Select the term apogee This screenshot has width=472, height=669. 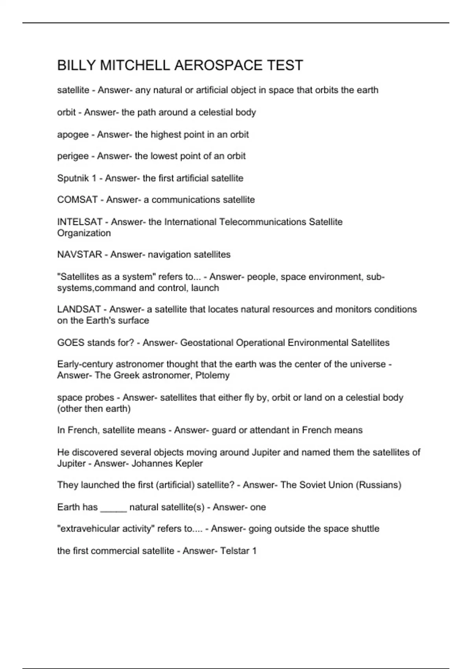click(x=73, y=135)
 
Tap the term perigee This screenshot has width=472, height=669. click(x=73, y=156)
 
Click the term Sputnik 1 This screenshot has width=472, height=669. click(x=77, y=178)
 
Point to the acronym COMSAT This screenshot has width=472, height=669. click(x=77, y=200)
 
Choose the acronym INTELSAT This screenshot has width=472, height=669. click(x=80, y=222)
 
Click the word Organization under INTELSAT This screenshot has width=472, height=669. click(x=84, y=233)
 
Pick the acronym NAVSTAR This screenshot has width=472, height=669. click(x=79, y=255)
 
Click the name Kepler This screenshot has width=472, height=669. click(x=189, y=464)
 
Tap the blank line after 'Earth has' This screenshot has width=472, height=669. click(x=113, y=508)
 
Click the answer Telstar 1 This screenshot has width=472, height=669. click(x=238, y=551)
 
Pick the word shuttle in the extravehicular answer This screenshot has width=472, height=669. click(x=366, y=529)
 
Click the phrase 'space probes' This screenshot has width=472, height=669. click(x=85, y=398)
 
